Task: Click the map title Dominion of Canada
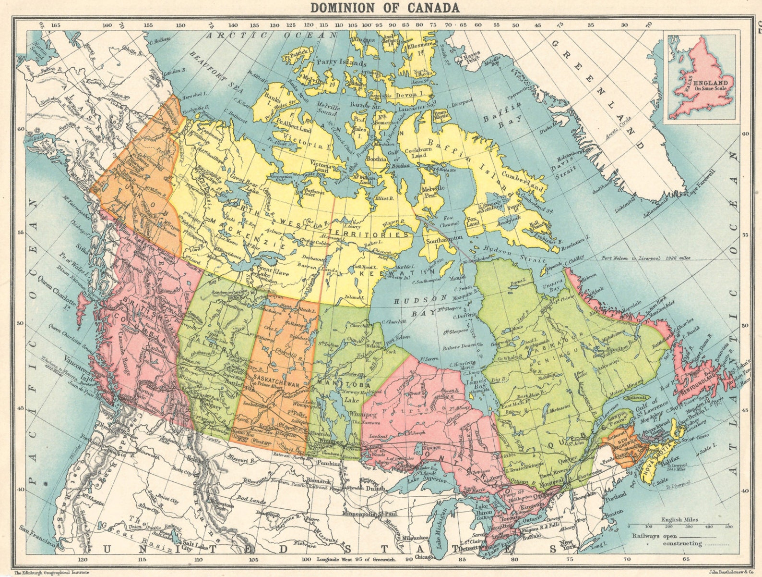point(384,8)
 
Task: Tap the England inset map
point(700,77)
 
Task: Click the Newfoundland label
point(698,384)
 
